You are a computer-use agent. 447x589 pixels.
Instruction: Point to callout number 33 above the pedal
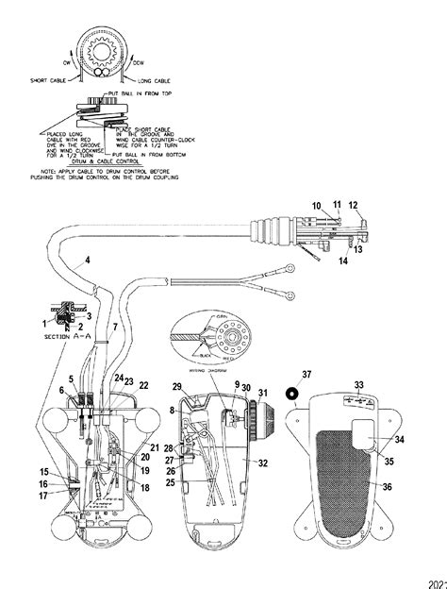(x=358, y=384)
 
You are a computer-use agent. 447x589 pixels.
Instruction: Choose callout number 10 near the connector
(x=317, y=205)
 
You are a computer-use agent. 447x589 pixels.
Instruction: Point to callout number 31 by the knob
(x=263, y=394)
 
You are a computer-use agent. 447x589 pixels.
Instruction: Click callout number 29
(x=175, y=388)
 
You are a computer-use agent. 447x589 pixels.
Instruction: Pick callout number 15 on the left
(x=43, y=472)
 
